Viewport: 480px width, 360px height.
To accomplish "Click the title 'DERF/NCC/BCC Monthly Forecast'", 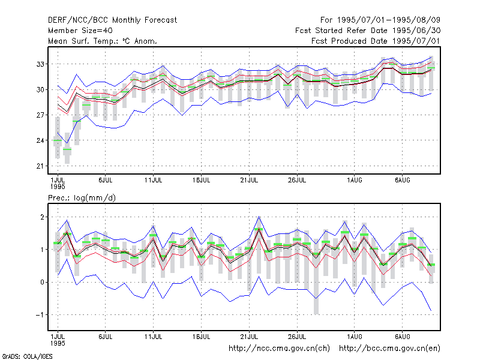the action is click(x=112, y=20).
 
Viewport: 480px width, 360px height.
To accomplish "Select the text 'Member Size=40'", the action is click(x=80, y=31).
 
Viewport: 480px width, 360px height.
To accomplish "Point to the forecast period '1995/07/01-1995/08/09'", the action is click(x=388, y=20).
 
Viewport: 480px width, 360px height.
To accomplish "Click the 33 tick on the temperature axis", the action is click(x=40, y=64).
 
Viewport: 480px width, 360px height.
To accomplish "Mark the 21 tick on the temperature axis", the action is click(x=40, y=166).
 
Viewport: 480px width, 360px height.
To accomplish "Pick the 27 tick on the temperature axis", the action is click(x=40, y=115).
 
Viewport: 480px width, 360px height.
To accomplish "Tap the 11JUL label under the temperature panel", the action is click(x=153, y=181).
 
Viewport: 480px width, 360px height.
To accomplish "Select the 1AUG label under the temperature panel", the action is click(x=354, y=181).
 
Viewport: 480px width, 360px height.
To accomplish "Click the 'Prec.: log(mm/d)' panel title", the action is click(x=82, y=198).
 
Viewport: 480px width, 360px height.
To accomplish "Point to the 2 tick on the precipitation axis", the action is click(x=42, y=217).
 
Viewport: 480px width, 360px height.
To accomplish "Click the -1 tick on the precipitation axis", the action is click(x=40, y=315).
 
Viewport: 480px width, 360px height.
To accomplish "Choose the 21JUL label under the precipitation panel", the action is click(x=249, y=337).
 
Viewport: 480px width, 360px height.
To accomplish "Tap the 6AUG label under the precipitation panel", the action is click(x=402, y=337).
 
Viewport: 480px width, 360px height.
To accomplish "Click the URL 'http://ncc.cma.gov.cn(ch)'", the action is click(x=279, y=349).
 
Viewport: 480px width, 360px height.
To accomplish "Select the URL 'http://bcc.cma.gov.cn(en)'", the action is click(x=389, y=349).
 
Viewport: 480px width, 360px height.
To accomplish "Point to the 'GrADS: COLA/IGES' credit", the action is click(x=27, y=356).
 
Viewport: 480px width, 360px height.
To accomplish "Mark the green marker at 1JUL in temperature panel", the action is click(x=58, y=140).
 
